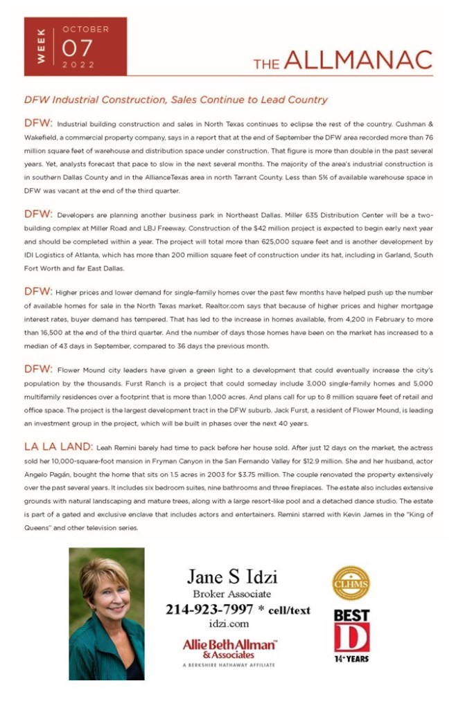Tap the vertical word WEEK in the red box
click(x=41, y=46)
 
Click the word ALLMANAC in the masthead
click(x=358, y=61)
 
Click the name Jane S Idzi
click(x=232, y=577)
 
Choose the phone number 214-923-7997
click(x=208, y=610)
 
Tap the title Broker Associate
click(x=231, y=594)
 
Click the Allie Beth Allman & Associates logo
click(x=229, y=648)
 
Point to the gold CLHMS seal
click(x=351, y=582)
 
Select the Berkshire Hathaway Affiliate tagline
click(x=229, y=664)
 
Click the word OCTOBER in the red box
click(x=85, y=30)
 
